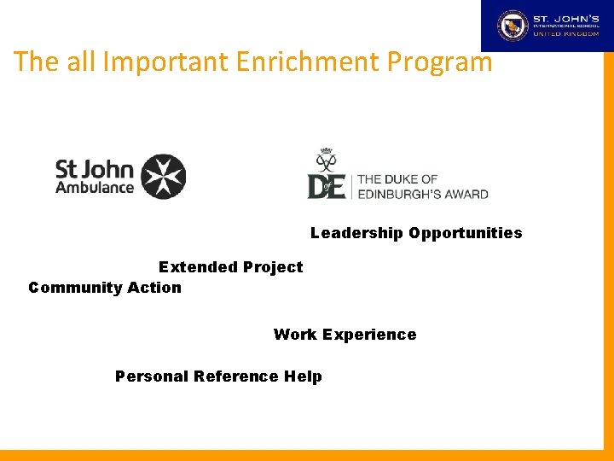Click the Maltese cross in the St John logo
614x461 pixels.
pyautogui.click(x=163, y=177)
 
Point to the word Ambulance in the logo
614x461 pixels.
pyautogui.click(x=94, y=188)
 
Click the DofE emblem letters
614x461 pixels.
pyautogui.click(x=327, y=185)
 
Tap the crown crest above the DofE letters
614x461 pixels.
pyautogui.click(x=325, y=160)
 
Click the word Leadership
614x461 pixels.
pyautogui.click(x=356, y=233)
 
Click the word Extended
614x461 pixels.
pyautogui.click(x=197, y=267)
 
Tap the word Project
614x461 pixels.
pyautogui.click(x=272, y=267)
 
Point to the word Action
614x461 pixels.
pyautogui.click(x=155, y=288)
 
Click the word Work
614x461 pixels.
pyautogui.click(x=295, y=335)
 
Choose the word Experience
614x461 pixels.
pyautogui.click(x=369, y=335)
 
